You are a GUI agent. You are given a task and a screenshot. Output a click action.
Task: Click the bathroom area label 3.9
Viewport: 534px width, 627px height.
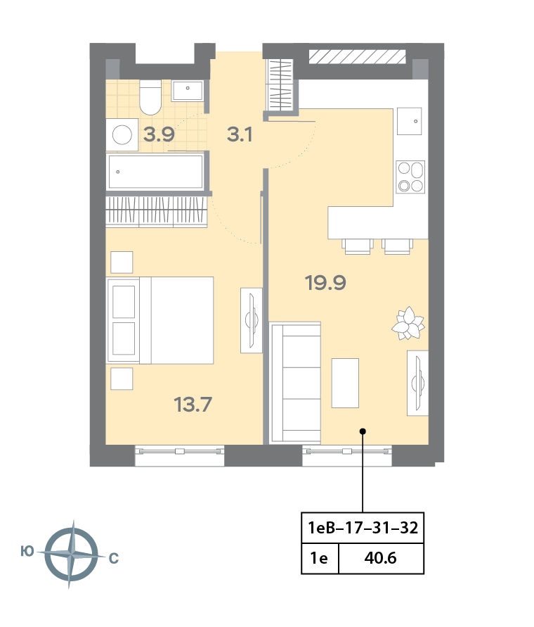tap(159, 134)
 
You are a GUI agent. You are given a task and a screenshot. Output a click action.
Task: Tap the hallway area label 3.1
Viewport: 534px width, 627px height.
tap(240, 134)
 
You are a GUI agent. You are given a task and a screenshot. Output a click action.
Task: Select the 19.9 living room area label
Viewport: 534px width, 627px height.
tap(325, 283)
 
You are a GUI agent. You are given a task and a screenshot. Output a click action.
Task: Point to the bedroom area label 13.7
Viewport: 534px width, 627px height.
tap(193, 404)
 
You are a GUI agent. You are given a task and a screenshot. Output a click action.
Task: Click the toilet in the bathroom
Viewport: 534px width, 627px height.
tap(150, 97)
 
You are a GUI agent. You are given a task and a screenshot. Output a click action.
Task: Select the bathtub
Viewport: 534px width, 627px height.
tap(156, 172)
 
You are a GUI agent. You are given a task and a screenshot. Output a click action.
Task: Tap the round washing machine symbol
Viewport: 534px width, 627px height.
tap(122, 134)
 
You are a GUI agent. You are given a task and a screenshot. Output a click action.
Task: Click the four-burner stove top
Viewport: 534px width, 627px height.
tap(410, 177)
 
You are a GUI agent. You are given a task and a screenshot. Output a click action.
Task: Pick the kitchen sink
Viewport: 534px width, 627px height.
tap(410, 121)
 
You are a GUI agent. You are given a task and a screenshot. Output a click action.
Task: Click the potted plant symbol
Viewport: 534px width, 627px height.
tap(408, 323)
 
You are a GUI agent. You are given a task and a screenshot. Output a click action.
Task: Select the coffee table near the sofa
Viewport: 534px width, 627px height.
tap(345, 383)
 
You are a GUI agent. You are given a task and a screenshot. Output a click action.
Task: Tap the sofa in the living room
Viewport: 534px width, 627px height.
tap(296, 383)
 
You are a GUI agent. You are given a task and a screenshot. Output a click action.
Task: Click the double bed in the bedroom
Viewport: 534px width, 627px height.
tap(159, 320)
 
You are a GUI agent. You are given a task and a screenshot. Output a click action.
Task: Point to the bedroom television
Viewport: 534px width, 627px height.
tap(252, 320)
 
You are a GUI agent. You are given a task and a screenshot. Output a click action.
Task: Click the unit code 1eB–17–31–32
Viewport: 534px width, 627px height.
tap(363, 528)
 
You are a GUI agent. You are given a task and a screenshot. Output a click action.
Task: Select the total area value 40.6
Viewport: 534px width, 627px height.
tap(380, 558)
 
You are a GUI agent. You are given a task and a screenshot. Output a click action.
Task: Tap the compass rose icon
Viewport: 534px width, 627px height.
tap(71, 555)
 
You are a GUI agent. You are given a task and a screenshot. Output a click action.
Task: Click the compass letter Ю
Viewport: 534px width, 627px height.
tap(27, 552)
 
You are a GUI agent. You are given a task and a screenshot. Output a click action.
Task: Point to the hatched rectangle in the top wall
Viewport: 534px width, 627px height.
tap(357, 57)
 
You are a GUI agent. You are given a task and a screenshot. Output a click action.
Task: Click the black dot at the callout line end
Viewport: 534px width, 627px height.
tap(363, 431)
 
